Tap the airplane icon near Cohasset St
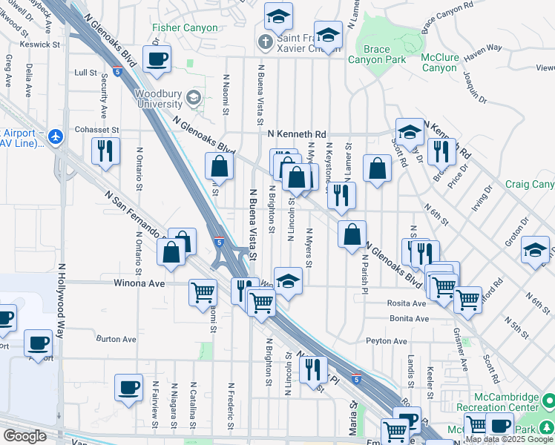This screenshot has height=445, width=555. [x=56, y=136]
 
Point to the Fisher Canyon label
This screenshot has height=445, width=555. [x=185, y=28]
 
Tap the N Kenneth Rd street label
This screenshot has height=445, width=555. [x=297, y=134]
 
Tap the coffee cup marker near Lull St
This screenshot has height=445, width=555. [x=157, y=59]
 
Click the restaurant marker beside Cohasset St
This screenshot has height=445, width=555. [x=105, y=151]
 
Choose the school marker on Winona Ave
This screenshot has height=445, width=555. [x=289, y=281]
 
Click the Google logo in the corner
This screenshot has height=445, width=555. [x=24, y=436]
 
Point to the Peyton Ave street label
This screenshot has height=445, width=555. [x=387, y=341]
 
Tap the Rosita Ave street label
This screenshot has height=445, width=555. [x=407, y=303]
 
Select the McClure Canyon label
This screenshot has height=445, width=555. [x=439, y=62]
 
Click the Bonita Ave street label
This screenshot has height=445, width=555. [x=410, y=319]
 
